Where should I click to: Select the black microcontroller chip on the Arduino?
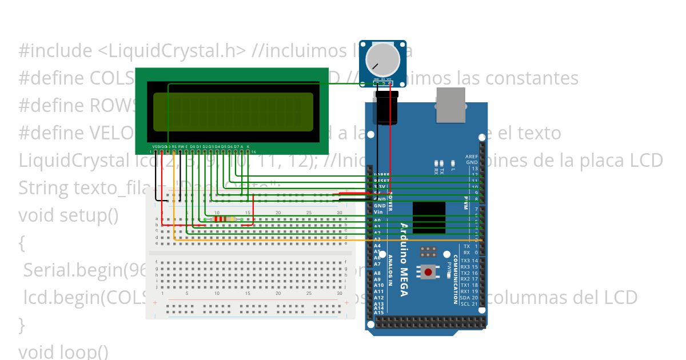coord(428,217)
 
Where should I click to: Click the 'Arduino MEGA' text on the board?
coord(404,259)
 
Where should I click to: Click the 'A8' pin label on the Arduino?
coord(377,273)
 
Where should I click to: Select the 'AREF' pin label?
coord(472,156)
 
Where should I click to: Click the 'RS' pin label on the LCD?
coord(174,146)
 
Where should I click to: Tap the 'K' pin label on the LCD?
coord(248,146)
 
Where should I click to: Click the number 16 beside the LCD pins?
coord(253,152)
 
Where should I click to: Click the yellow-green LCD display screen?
coord(233,112)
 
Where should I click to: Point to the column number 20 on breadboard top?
coord(278,213)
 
